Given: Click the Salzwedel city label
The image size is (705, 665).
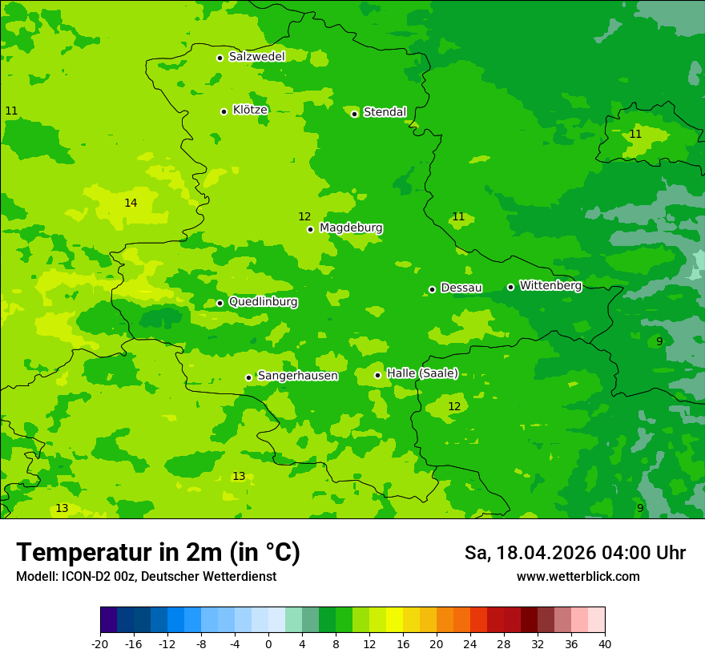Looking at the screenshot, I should [256, 57].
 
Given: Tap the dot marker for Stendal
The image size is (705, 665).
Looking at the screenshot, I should [354, 114].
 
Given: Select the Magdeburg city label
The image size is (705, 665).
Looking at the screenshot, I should [351, 228].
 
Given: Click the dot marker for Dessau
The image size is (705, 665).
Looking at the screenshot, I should [432, 289].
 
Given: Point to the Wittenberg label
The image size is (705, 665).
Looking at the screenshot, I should [550, 285].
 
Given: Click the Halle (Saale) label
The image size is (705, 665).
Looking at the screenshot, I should [422, 373].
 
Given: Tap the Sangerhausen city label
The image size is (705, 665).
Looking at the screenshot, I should [297, 376].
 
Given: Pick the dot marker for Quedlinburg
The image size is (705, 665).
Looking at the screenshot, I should [220, 303].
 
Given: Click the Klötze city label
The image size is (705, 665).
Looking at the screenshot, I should [250, 110].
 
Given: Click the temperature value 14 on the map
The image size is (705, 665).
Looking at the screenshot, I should [131, 203].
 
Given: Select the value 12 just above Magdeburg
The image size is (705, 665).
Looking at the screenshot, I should [304, 216].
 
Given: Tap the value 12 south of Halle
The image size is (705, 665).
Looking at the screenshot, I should [454, 406].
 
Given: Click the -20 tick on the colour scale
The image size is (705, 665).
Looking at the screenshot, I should [100, 643].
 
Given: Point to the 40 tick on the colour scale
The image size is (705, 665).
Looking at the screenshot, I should [604, 643].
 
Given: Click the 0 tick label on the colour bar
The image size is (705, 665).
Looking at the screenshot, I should [268, 643].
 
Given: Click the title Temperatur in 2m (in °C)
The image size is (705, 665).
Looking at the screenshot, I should [158, 552].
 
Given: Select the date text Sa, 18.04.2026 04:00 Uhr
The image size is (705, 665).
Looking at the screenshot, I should [574, 553].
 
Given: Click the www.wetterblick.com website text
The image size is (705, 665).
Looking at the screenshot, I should [578, 577].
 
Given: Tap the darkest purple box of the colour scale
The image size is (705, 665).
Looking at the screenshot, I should [108, 620].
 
